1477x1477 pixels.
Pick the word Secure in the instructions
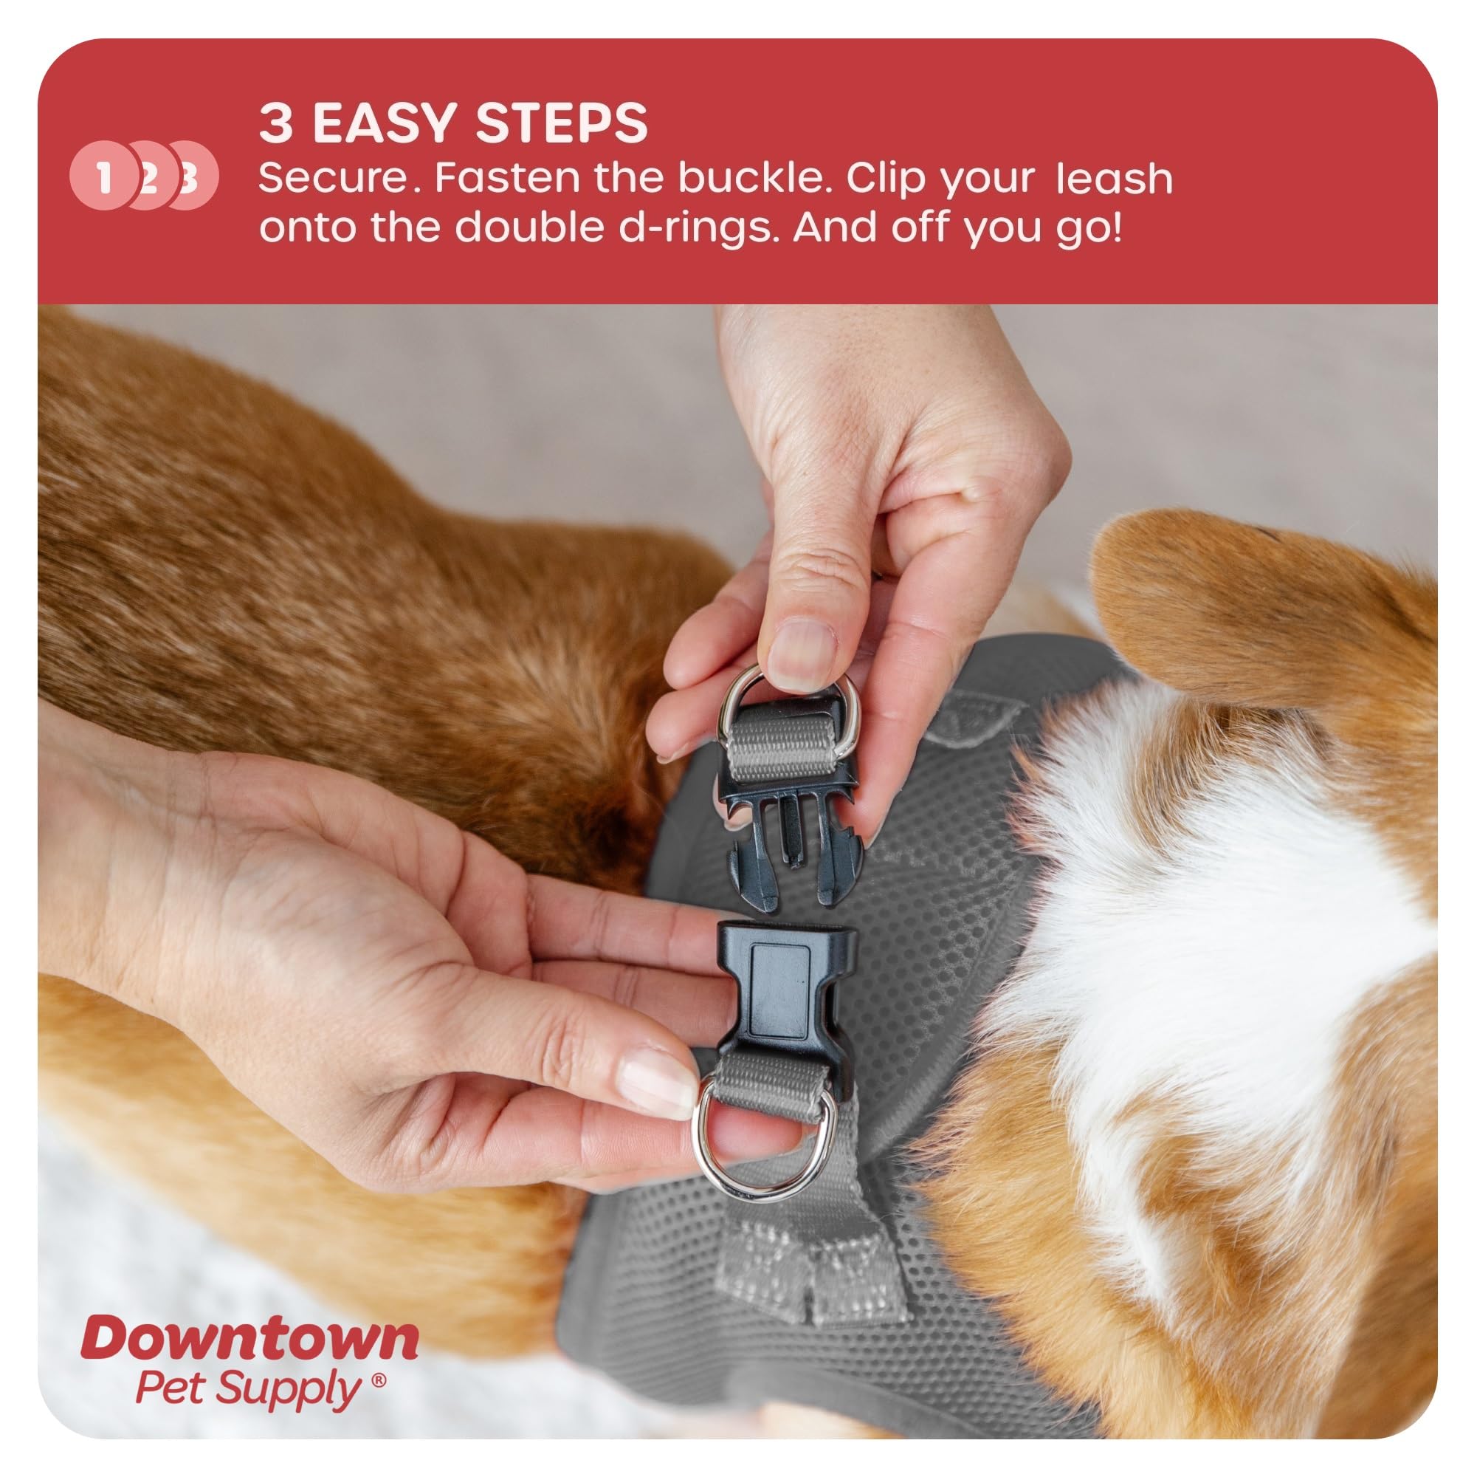(x=334, y=178)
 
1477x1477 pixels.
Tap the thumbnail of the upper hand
(x=800, y=655)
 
